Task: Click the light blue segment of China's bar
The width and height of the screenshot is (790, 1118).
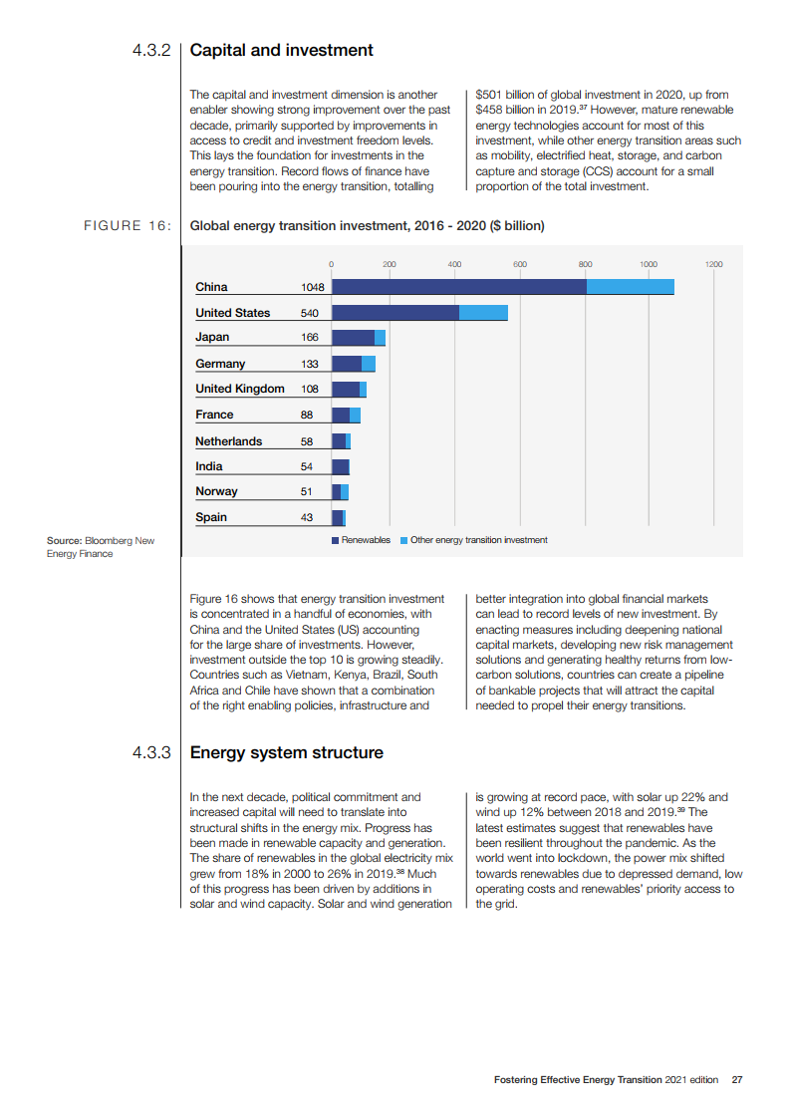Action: [x=630, y=287]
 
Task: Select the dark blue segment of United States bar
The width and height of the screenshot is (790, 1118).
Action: [x=395, y=313]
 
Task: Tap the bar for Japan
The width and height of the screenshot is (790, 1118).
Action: [x=358, y=338]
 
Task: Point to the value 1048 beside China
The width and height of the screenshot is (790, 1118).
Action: [x=314, y=287]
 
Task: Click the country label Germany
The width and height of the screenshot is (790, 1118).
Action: [x=220, y=364]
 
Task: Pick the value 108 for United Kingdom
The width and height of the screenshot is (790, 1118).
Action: [x=309, y=389]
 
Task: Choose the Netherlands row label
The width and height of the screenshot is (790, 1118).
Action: [x=229, y=441]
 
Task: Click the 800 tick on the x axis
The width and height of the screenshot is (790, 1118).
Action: [x=585, y=264]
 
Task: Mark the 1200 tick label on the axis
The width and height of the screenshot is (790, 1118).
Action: [x=713, y=264]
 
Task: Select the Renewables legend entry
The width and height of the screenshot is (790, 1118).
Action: [x=361, y=540]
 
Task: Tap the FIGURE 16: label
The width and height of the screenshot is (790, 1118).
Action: [x=127, y=225]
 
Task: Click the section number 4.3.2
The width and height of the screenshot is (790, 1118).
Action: [x=151, y=50]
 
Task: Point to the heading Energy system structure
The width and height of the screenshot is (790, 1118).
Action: [x=286, y=752]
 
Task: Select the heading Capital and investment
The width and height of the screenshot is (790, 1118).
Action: [x=281, y=50]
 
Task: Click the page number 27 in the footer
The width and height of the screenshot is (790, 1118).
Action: [x=737, y=1080]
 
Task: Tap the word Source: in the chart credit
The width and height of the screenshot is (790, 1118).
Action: [x=64, y=541]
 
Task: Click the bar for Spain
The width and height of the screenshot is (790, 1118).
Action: [x=338, y=517]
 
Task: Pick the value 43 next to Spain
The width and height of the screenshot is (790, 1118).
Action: [x=306, y=517]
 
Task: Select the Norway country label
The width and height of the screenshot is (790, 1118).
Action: [x=216, y=491]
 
